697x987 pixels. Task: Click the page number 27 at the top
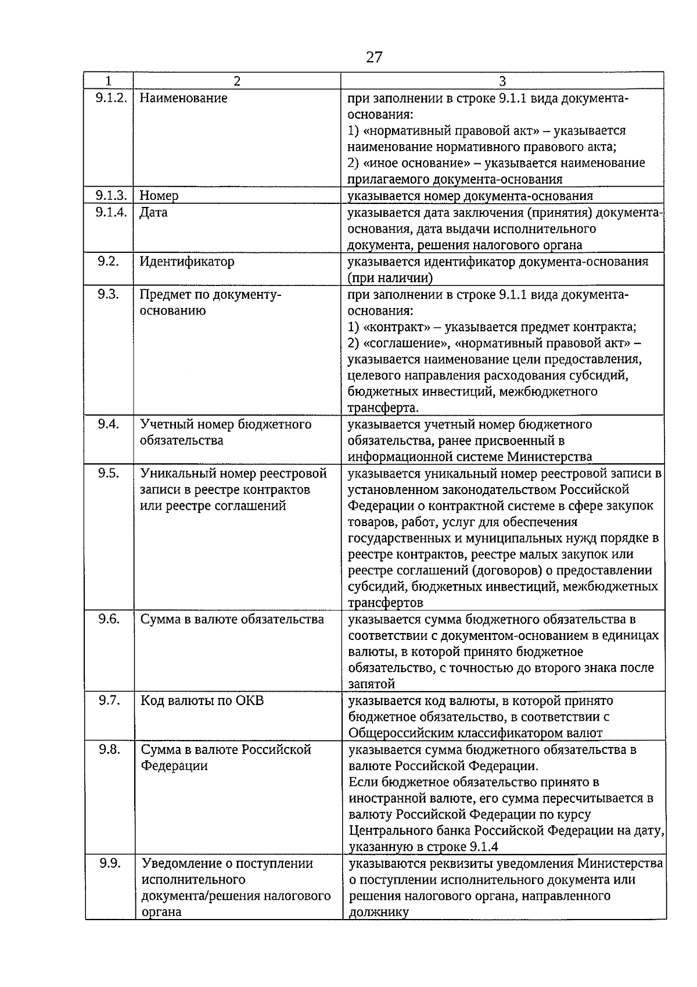tap(375, 57)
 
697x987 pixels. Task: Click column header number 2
tap(237, 81)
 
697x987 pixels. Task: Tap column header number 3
tap(502, 81)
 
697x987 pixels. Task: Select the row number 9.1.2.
tap(111, 98)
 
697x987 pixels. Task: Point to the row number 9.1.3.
tap(111, 195)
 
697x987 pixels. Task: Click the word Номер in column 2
tap(159, 196)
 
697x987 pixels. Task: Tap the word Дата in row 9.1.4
tap(153, 212)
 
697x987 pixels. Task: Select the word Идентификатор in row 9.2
tap(187, 262)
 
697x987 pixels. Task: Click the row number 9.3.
tap(108, 294)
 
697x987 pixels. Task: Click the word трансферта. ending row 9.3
tap(383, 407)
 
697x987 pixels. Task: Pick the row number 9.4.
tap(108, 424)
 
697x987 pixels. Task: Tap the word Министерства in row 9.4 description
tap(549, 457)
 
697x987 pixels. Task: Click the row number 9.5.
tap(108, 473)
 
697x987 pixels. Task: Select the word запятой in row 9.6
tap(372, 684)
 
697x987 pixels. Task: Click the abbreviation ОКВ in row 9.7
tap(250, 701)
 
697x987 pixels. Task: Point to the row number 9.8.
tap(109, 750)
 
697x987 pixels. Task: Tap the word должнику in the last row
tap(379, 912)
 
